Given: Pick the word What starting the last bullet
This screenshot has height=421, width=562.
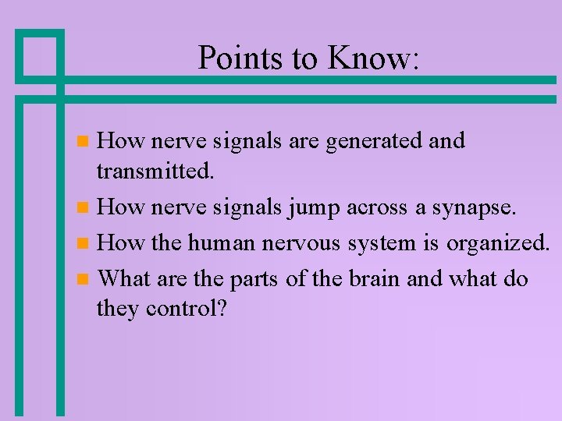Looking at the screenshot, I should [x=126, y=278].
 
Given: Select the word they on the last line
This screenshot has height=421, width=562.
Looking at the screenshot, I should [x=117, y=310].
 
